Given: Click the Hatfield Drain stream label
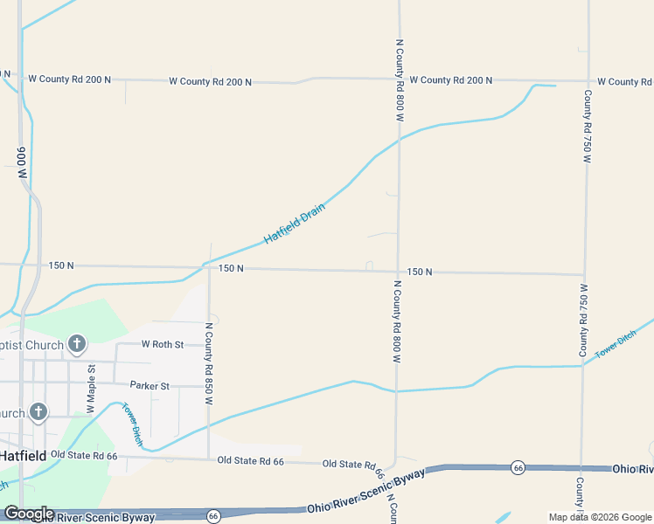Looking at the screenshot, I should click(295, 223).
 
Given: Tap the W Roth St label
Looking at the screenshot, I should click(163, 344).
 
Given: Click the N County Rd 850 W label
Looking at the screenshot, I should click(209, 363).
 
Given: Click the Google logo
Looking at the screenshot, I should click(28, 514).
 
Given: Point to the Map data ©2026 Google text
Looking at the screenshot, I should click(599, 517).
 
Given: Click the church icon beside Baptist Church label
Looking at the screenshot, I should click(77, 344).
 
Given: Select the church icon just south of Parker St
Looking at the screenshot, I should click(38, 411).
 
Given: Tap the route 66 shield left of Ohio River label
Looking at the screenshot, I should click(518, 467).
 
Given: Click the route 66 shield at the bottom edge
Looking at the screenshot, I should click(213, 516).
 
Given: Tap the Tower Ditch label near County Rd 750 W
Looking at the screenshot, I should click(616, 346).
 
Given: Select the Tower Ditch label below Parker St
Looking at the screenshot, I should click(131, 424).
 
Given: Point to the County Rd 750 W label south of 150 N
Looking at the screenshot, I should click(584, 320).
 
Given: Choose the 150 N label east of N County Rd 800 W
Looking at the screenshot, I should click(420, 272).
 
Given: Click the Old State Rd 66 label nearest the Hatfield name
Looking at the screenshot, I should click(84, 455).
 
